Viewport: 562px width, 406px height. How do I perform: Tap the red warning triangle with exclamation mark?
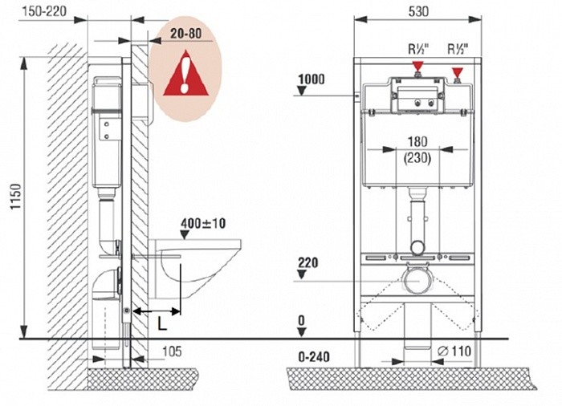pyautogui.click(x=186, y=71)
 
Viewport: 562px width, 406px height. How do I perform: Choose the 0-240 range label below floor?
pyautogui.click(x=311, y=357)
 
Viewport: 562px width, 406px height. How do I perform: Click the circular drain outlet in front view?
pyautogui.click(x=417, y=280)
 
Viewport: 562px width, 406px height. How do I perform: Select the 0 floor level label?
pyautogui.click(x=301, y=320)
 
